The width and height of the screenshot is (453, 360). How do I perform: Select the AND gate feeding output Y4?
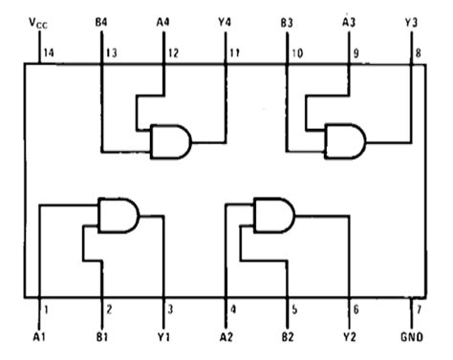(170, 142)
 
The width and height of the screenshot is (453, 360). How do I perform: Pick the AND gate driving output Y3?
(345, 141)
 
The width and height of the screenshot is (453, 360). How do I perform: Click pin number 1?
(45, 308)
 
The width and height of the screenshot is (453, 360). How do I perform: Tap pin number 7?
(418, 308)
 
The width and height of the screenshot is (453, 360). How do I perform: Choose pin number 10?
(297, 53)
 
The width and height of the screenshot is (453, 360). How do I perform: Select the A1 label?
(38, 338)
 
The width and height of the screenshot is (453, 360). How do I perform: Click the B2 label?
(288, 338)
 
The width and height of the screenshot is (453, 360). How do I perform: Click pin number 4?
(232, 308)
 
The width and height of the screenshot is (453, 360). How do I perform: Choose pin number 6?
(356, 308)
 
